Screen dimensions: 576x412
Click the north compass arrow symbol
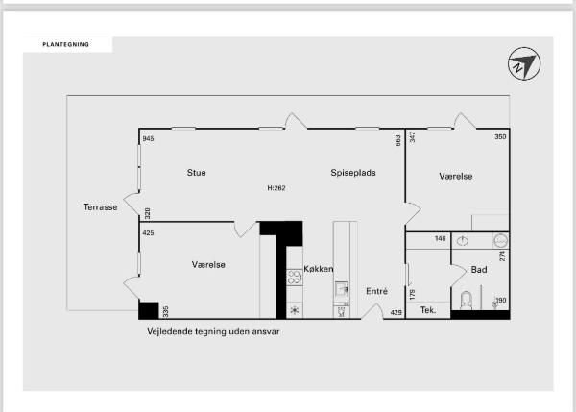524,63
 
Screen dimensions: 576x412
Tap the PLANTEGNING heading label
65,45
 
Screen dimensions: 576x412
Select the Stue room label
196,173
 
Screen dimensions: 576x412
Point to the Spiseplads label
353,173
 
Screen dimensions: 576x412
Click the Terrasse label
100,207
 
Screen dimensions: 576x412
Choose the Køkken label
319,269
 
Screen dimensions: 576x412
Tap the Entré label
376,291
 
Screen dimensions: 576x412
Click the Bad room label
479,270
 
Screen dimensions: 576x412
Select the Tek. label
428,310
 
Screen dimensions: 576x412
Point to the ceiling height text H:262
276,188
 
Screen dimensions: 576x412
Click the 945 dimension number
148,138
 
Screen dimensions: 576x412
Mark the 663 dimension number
397,141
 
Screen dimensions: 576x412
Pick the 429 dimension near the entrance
396,313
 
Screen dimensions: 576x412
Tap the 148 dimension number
440,238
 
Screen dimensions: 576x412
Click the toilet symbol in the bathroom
467,301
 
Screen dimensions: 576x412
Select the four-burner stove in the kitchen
294,278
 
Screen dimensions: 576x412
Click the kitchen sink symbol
341,288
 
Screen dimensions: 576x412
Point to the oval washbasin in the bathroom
463,241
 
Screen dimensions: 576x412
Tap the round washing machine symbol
501,241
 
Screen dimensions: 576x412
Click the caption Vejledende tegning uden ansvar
213,332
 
